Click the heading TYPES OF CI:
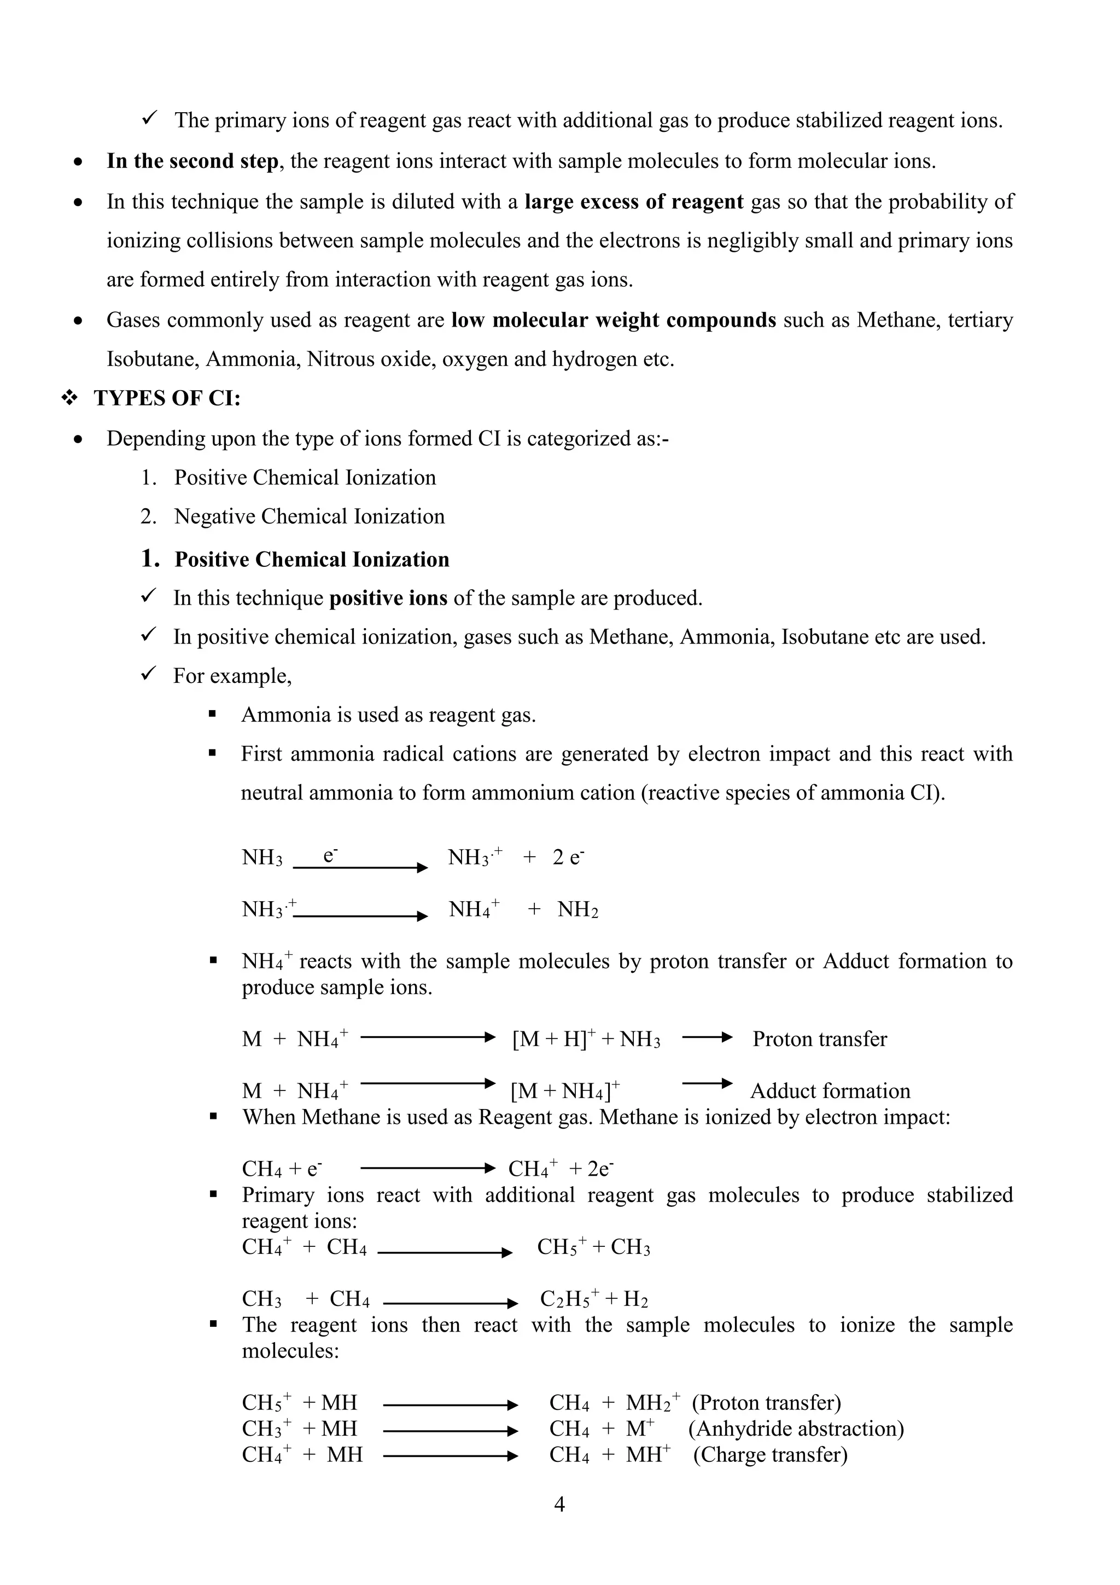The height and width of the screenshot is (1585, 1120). (x=167, y=398)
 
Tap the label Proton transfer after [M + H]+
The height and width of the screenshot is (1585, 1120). (x=819, y=1039)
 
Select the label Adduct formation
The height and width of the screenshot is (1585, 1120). (x=830, y=1091)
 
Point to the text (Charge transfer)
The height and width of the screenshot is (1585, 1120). (x=770, y=1455)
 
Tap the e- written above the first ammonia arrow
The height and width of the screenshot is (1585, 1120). (x=330, y=855)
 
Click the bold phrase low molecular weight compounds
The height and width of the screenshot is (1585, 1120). (x=614, y=320)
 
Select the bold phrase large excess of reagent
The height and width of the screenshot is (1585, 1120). (x=633, y=201)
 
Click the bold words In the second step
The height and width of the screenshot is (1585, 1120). (x=192, y=161)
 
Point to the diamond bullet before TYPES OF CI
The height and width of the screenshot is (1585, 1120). (x=69, y=398)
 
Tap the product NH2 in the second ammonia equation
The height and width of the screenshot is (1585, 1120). (x=577, y=910)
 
